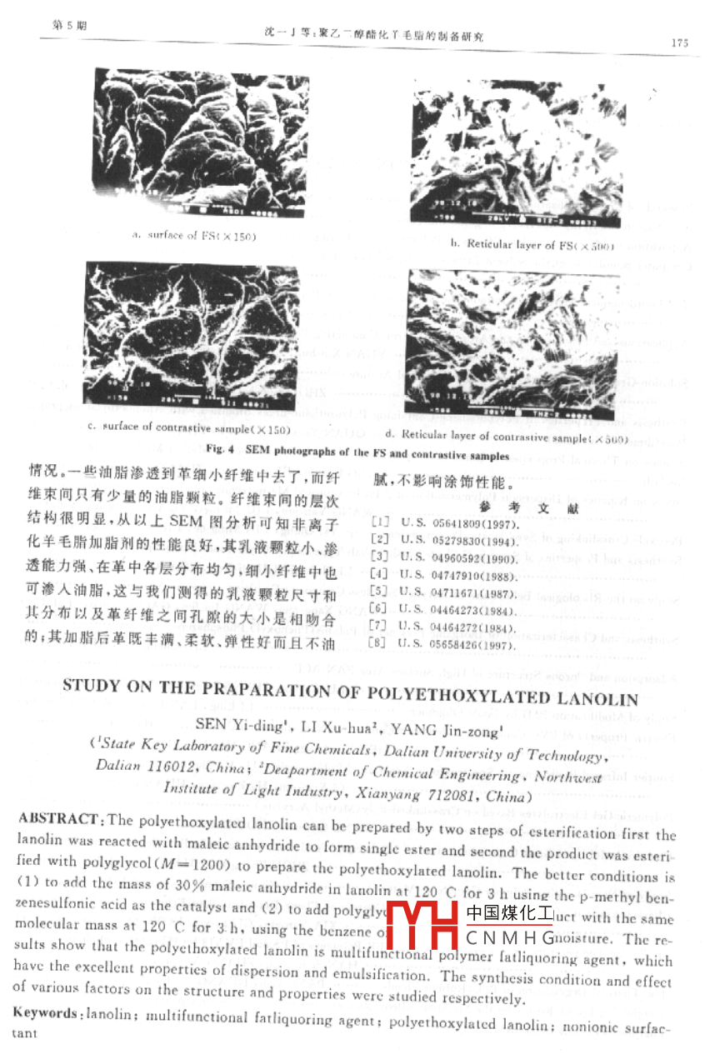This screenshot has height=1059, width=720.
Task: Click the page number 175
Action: [x=678, y=43]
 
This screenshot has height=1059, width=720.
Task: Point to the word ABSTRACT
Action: [x=59, y=819]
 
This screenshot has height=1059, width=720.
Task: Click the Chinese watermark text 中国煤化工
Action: [x=509, y=913]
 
